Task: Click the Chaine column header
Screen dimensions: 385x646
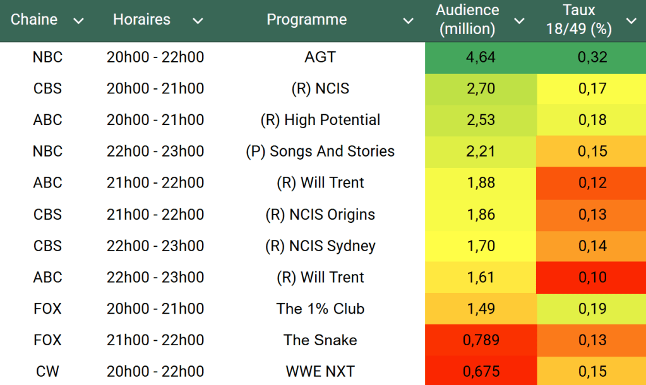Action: (x=34, y=20)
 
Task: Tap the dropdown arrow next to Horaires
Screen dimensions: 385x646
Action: (x=198, y=21)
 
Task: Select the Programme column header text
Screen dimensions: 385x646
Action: (x=306, y=20)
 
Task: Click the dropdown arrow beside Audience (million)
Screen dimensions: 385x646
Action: (x=519, y=21)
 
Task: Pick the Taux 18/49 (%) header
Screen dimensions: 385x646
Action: (x=579, y=20)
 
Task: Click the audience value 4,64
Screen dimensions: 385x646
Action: (x=481, y=57)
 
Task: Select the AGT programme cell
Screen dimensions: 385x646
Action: (x=320, y=57)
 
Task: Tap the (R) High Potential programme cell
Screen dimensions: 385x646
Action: (x=320, y=120)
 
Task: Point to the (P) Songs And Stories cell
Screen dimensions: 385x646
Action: (x=320, y=151)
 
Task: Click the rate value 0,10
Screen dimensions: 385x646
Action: (x=592, y=277)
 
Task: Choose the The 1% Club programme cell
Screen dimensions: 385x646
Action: (x=320, y=309)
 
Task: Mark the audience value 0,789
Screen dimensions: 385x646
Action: (x=481, y=340)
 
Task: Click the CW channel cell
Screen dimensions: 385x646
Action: (x=47, y=372)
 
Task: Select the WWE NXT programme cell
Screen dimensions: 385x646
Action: (x=320, y=372)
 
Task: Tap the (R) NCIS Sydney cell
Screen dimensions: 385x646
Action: (x=320, y=246)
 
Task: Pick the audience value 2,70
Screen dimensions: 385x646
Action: (x=481, y=89)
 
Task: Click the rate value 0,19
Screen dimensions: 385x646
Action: (x=592, y=309)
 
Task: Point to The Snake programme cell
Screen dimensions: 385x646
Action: (x=320, y=340)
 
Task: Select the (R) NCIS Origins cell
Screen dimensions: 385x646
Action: (x=320, y=215)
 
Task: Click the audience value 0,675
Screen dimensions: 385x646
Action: (x=481, y=372)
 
